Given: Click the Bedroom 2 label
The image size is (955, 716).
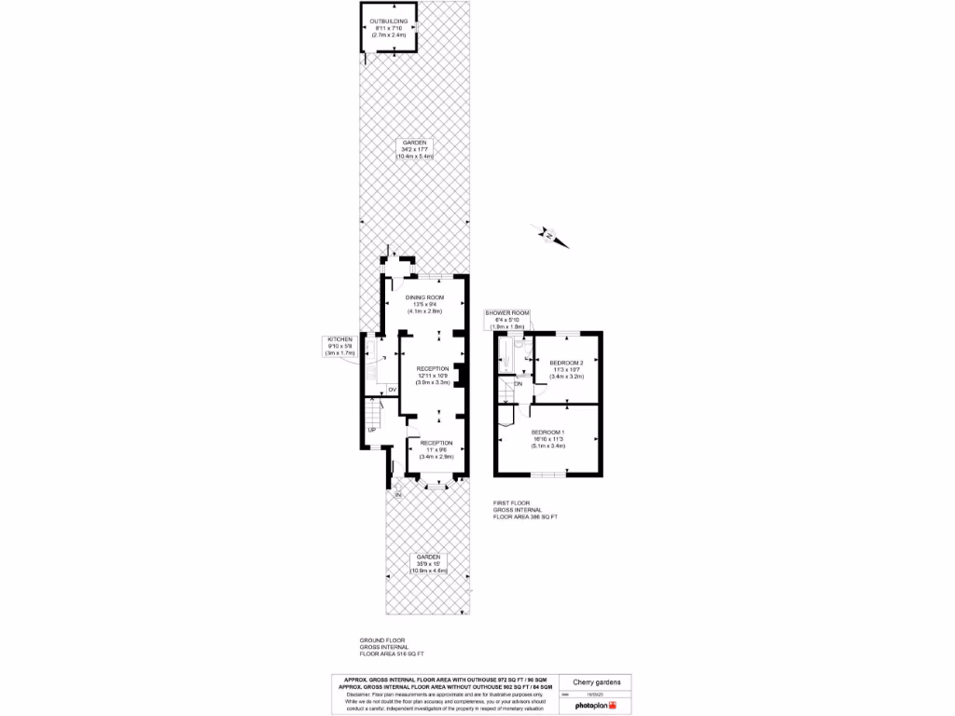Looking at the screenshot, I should [x=566, y=362].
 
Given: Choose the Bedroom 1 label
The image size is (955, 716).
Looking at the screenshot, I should [x=547, y=432].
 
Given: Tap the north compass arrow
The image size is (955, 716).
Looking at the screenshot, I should [x=549, y=235].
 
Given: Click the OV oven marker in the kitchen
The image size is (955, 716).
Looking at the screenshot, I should [x=392, y=389].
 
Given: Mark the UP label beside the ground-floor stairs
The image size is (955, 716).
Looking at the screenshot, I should [x=370, y=430].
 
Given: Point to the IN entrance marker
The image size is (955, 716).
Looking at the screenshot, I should [x=397, y=494].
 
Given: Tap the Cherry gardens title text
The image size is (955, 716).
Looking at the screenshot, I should [x=596, y=682].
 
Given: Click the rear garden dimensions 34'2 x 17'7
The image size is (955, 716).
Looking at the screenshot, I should [x=415, y=149].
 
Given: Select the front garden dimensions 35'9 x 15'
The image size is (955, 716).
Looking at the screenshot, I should [x=428, y=564].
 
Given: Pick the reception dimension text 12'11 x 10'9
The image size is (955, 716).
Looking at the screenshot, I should [x=433, y=375].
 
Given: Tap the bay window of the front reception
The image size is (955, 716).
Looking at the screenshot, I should [x=432, y=483].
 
